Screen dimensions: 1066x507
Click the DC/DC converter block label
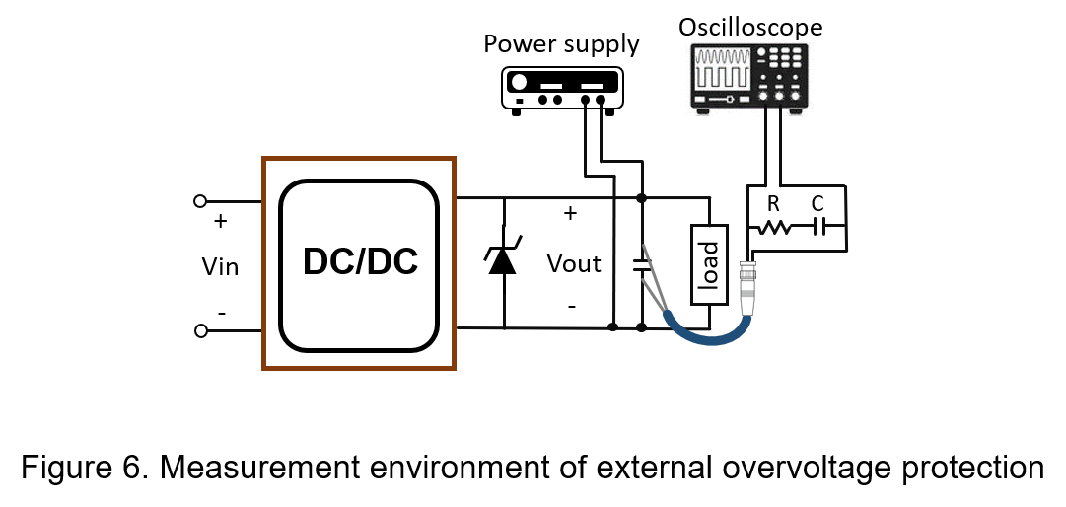360,262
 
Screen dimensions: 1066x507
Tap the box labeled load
709,264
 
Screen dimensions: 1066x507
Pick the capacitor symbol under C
818,228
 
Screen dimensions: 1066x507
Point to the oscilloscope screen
721,68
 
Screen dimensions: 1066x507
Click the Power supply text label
561,44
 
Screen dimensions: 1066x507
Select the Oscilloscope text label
750,28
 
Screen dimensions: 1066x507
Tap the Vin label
220,266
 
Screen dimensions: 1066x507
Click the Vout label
574,263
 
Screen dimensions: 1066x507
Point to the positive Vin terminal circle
200,201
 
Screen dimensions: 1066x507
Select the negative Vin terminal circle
200,331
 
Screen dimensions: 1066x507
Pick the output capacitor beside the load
641,264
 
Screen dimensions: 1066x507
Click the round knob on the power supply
518,82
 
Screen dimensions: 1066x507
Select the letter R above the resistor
772,204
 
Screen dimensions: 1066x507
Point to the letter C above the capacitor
817,204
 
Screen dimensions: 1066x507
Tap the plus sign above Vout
570,213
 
